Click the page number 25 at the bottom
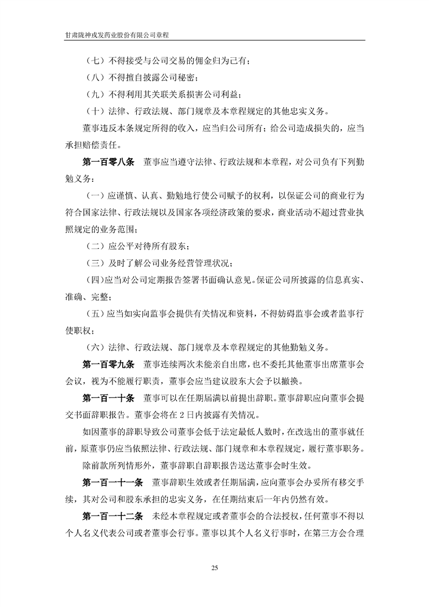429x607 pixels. click(214, 568)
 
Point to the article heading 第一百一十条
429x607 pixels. click(108, 398)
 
